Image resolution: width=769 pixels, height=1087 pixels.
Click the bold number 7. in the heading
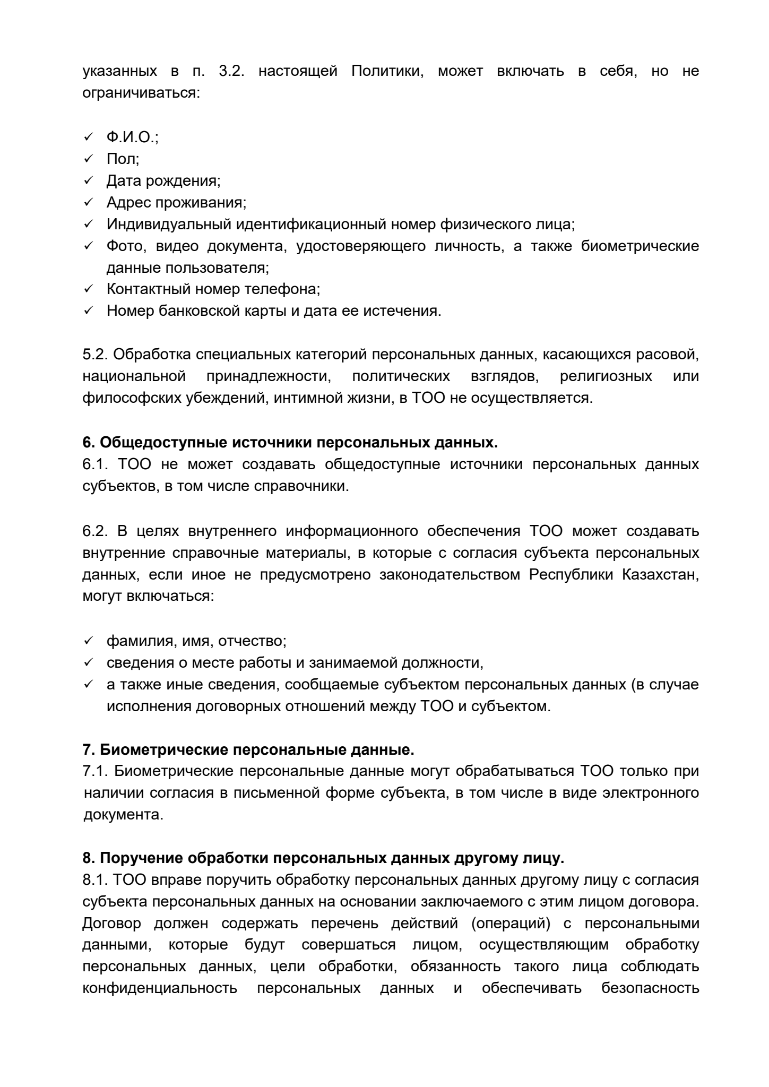pos(88,750)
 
